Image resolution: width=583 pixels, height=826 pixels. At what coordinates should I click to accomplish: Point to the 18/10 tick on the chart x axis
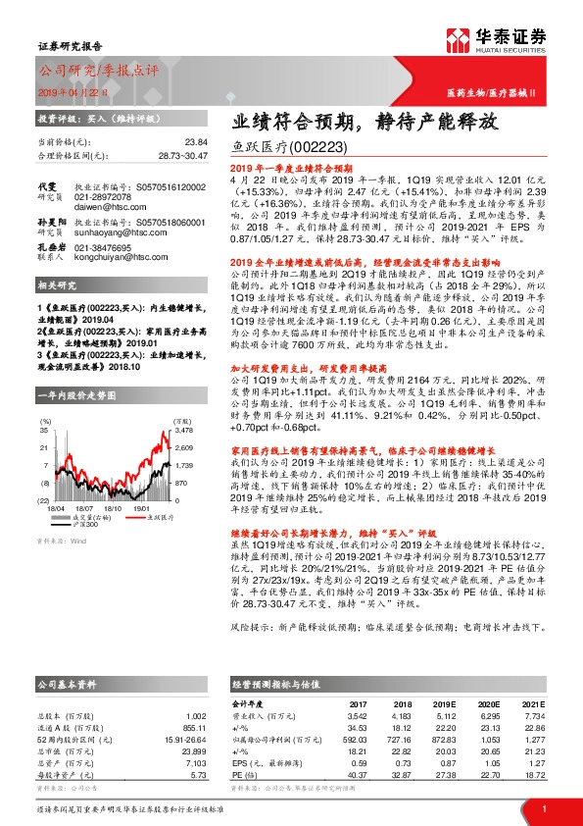112,483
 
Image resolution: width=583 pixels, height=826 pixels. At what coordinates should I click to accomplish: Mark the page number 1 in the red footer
543,808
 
